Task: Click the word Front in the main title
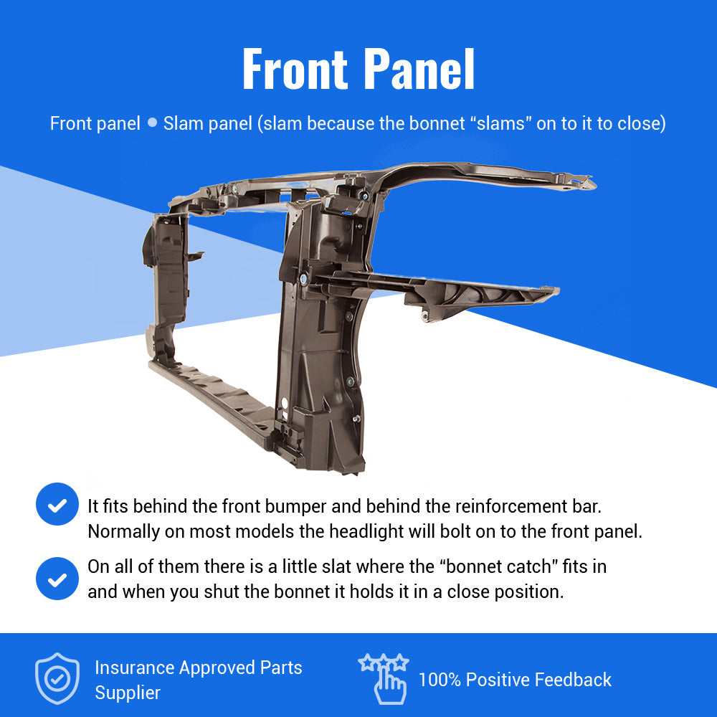tap(295, 69)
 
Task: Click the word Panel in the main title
tap(419, 69)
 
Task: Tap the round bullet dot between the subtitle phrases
tap(152, 123)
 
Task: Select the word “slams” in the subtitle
tap(500, 123)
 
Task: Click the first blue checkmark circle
tap(57, 504)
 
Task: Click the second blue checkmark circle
tap(57, 579)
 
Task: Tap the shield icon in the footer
tap(57, 678)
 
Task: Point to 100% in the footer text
tap(440, 680)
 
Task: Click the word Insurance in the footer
tap(135, 668)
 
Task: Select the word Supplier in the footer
tap(128, 693)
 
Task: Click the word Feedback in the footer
tap(573, 680)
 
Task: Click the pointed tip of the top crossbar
tap(594, 184)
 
